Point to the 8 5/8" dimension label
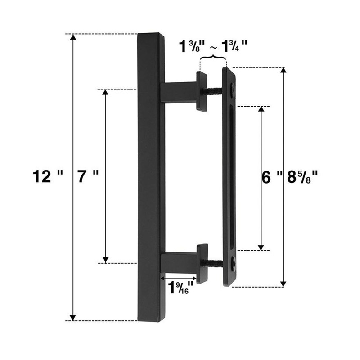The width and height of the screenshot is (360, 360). coord(302,177)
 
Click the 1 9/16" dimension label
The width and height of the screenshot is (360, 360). coord(181,286)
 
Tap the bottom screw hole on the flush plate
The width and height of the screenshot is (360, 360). coord(233,262)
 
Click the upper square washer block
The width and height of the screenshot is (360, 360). coord(202,91)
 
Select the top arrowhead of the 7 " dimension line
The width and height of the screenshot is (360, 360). coord(106,93)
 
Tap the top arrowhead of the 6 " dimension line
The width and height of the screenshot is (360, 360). coord(261,110)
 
